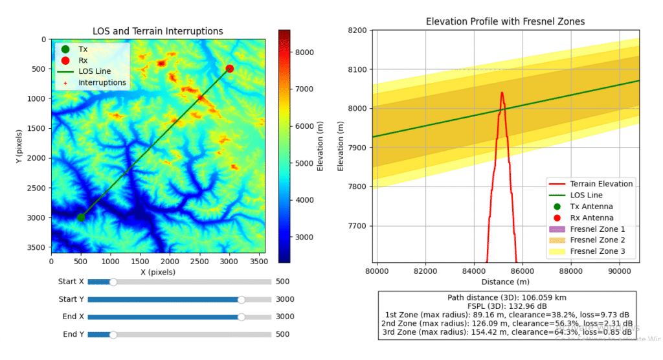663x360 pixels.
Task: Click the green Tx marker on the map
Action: pyautogui.click(x=81, y=217)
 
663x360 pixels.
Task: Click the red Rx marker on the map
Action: pyautogui.click(x=229, y=69)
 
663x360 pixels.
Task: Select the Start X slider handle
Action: pyautogui.click(x=113, y=282)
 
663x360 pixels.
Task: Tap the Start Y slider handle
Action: pyautogui.click(x=242, y=299)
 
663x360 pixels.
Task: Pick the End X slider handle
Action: pyautogui.click(x=242, y=317)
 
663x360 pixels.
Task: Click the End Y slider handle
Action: pyautogui.click(x=113, y=334)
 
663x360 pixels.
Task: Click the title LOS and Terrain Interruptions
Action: pyautogui.click(x=158, y=31)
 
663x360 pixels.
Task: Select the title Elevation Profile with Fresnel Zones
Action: pyautogui.click(x=505, y=21)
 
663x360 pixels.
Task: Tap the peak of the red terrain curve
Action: pyautogui.click(x=502, y=93)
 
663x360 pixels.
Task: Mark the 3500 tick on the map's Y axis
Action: pyautogui.click(x=40, y=247)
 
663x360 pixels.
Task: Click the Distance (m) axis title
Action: pyautogui.click(x=506, y=282)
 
